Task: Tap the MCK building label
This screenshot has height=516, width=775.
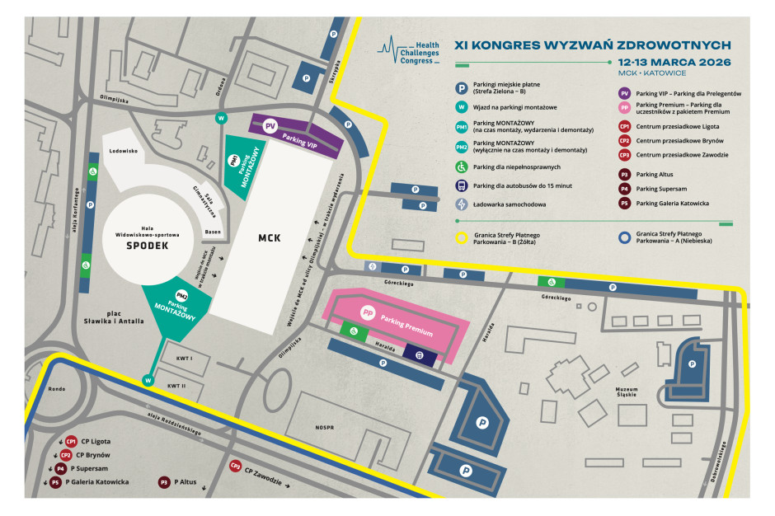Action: coord(269,238)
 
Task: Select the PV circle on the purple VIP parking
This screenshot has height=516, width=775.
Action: coord(270,126)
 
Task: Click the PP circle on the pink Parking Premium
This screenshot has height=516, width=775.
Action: coord(369,313)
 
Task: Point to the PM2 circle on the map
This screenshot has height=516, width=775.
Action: coord(181,295)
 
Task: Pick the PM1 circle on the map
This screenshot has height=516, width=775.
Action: coord(235,159)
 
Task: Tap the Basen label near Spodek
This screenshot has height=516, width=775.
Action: coord(213,232)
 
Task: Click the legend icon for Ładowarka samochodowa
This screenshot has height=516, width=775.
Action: coord(463,204)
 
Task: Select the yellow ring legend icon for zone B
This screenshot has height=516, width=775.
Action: coord(463,238)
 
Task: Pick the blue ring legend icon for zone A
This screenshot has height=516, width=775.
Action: coord(624,238)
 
